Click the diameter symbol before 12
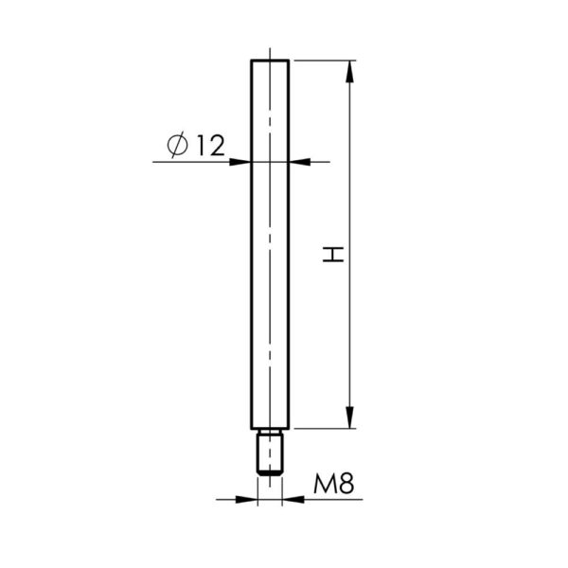178,145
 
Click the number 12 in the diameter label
211,146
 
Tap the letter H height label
333,255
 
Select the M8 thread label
333,483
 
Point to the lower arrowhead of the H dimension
349,417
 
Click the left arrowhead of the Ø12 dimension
240,162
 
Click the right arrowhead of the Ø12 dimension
299,162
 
